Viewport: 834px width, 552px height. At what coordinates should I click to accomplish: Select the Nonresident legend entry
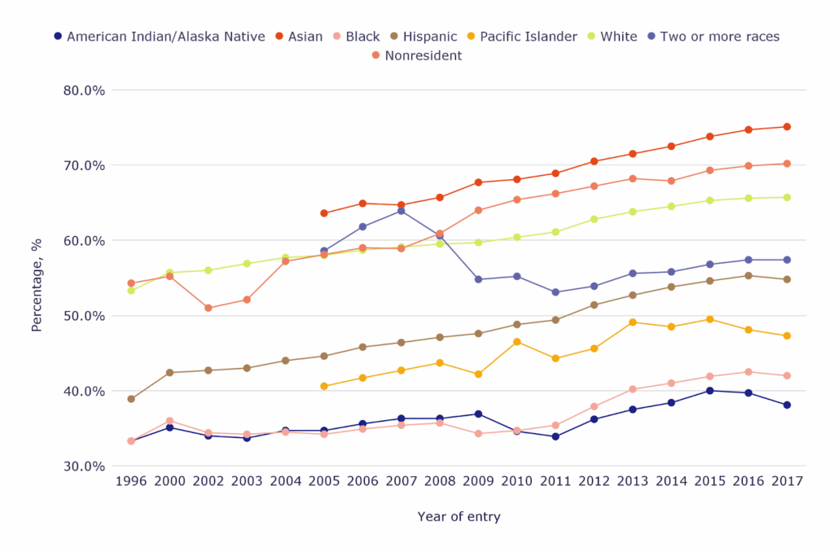[x=415, y=56]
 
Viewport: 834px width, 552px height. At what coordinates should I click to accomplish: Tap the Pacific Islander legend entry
[x=520, y=37]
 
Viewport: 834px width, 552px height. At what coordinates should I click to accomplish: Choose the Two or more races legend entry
[x=711, y=37]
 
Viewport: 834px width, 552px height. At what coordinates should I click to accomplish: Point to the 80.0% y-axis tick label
[x=84, y=90]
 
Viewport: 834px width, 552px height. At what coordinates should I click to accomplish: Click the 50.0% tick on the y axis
[x=84, y=316]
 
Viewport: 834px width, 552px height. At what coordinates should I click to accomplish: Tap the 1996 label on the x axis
[x=131, y=481]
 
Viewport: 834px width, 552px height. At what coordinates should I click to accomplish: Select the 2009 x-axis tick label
[x=478, y=481]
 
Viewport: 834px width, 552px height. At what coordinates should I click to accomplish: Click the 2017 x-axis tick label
[x=787, y=481]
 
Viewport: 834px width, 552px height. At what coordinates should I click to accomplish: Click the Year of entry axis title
[x=459, y=517]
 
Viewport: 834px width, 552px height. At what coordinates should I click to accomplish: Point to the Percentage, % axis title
[x=37, y=278]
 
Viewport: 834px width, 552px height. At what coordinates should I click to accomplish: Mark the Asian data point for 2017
[x=787, y=127]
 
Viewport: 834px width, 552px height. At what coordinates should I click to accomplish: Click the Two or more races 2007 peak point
[x=401, y=211]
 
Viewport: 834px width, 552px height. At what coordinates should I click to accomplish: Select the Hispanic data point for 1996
[x=131, y=399]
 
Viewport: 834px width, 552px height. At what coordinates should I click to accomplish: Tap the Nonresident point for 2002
[x=208, y=308]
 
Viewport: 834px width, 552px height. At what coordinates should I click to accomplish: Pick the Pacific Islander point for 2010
[x=517, y=342]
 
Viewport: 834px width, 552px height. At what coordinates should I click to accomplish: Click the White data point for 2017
[x=787, y=197]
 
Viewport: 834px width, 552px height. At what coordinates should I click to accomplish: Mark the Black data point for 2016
[x=748, y=372]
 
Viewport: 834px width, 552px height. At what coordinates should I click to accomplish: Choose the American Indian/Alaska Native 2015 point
[x=710, y=391]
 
